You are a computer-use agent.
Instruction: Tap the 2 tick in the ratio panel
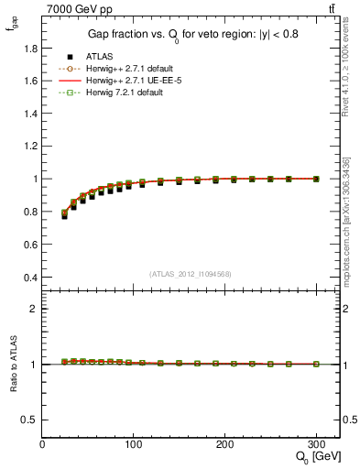tap(33, 309)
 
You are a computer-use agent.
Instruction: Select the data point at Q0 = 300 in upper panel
tap(316, 179)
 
